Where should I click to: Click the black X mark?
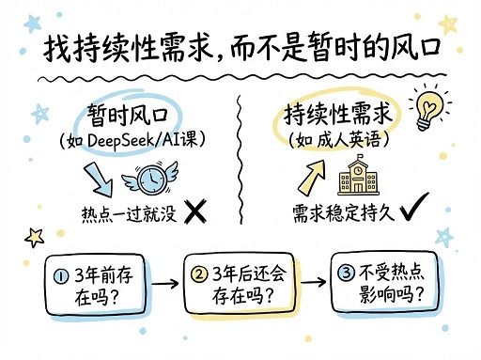click(195, 213)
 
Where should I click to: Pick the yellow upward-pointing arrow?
click(311, 172)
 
